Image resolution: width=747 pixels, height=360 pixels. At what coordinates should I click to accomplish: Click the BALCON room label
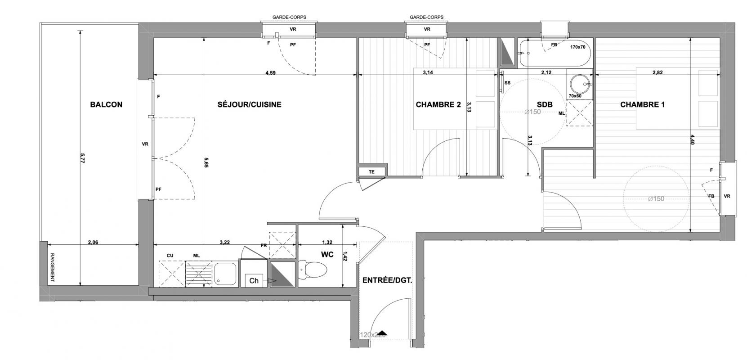[x=106, y=104]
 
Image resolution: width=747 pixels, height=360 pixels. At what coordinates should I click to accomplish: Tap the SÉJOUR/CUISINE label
[x=250, y=104]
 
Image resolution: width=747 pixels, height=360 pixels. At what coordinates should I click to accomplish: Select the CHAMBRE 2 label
[x=438, y=104]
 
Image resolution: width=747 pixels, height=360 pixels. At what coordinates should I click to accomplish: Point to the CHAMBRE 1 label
[x=642, y=104]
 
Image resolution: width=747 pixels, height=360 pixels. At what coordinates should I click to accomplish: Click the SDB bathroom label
[x=545, y=104]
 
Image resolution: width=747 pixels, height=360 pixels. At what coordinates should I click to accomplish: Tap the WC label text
[x=327, y=255]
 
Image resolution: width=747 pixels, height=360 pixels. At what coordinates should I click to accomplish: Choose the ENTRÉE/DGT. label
[x=387, y=280]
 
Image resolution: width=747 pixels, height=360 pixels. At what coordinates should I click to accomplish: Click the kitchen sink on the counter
[x=226, y=274]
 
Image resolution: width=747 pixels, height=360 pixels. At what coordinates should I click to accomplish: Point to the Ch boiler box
[x=254, y=281]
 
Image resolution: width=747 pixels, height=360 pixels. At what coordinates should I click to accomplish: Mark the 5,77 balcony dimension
[x=83, y=158]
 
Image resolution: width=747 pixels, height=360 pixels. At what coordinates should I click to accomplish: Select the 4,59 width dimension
[x=270, y=73]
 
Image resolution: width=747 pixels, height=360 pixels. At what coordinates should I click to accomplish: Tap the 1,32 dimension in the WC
[x=327, y=242]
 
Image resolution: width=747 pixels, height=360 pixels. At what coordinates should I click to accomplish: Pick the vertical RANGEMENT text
[x=52, y=268]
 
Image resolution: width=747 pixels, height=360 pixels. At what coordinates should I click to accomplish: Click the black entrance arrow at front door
[x=383, y=333]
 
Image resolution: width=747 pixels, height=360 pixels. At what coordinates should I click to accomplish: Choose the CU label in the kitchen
[x=170, y=256]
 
